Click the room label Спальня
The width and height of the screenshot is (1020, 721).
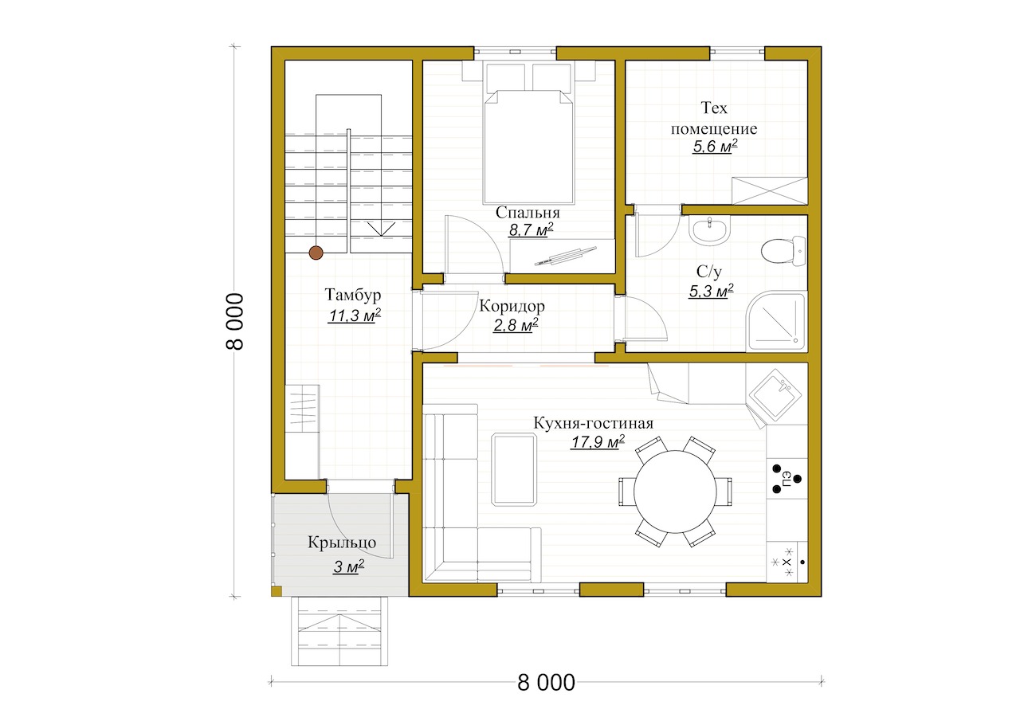pyautogui.click(x=528, y=213)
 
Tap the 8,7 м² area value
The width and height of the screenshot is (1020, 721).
pyautogui.click(x=531, y=229)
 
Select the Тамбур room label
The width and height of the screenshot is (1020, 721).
pyautogui.click(x=353, y=295)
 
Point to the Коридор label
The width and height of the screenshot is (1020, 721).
pyautogui.click(x=512, y=306)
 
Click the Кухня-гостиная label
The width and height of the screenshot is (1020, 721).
pyautogui.click(x=594, y=423)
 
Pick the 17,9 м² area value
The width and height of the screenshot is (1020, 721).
pyautogui.click(x=598, y=441)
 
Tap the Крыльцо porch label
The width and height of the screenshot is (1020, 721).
pyautogui.click(x=342, y=543)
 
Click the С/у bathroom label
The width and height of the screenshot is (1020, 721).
pyautogui.click(x=709, y=272)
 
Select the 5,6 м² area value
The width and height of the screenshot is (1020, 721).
pyautogui.click(x=715, y=147)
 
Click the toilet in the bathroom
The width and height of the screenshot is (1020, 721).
pyautogui.click(x=783, y=250)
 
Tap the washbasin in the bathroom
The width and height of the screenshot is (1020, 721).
pyautogui.click(x=709, y=229)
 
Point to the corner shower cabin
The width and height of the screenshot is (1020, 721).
pyautogui.click(x=776, y=322)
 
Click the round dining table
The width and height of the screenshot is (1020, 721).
pyautogui.click(x=675, y=492)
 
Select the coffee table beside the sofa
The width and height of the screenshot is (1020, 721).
pyautogui.click(x=514, y=470)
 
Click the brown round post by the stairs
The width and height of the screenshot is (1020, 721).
pyautogui.click(x=316, y=253)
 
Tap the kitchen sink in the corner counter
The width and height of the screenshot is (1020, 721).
pyautogui.click(x=775, y=394)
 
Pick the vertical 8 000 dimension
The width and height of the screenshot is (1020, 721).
pyautogui.click(x=234, y=321)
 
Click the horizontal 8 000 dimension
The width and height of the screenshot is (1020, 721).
pyautogui.click(x=546, y=683)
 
